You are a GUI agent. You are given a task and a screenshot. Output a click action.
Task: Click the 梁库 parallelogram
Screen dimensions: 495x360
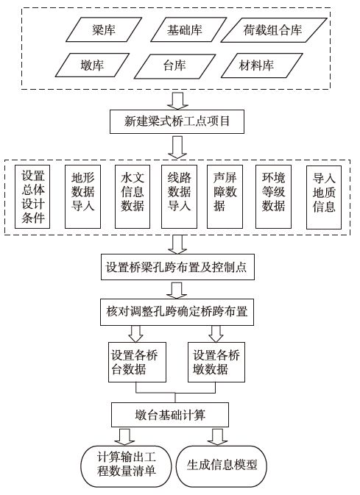coord(102,30)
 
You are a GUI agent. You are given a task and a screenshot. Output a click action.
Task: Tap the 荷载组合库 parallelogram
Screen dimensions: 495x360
coord(272,30)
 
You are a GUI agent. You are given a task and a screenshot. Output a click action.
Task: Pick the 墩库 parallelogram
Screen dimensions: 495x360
coord(92,65)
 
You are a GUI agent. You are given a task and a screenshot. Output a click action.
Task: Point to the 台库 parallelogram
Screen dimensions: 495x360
coord(174,65)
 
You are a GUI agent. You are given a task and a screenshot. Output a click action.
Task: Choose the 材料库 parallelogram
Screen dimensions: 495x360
coord(257,65)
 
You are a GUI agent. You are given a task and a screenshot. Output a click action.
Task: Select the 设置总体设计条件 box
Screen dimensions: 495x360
coord(33,196)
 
